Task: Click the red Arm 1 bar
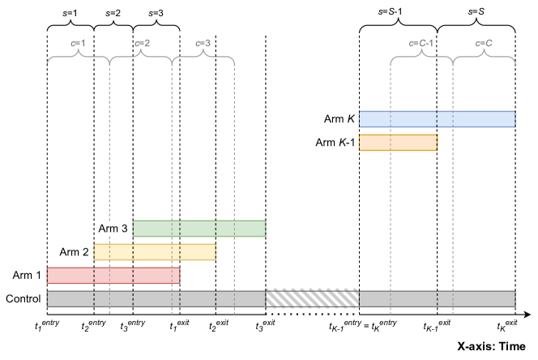(113, 276)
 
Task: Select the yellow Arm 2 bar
(155, 252)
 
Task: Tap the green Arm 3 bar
(199, 229)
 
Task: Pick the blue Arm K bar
(437, 119)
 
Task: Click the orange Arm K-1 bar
(398, 143)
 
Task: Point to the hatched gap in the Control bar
(312, 298)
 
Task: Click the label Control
(23, 298)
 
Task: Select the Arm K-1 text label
(335, 143)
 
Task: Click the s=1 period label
(70, 14)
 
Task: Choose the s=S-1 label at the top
(398, 14)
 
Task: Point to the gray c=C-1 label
(421, 42)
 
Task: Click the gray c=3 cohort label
(203, 42)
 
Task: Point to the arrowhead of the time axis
(527, 314)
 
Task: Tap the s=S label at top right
(476, 14)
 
